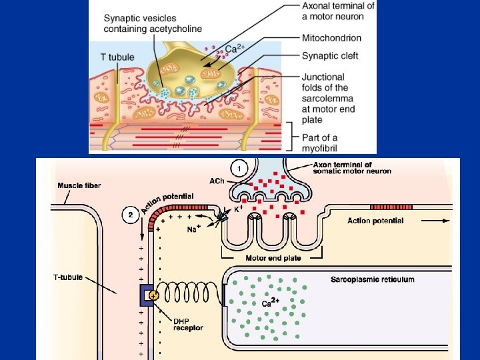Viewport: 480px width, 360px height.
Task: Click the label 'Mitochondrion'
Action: click(331, 38)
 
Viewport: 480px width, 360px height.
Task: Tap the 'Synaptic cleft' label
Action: click(330, 56)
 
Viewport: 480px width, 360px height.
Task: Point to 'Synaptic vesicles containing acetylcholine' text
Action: click(153, 24)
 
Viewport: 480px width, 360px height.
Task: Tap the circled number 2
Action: click(131, 215)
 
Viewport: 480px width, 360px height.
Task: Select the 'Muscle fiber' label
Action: click(79, 185)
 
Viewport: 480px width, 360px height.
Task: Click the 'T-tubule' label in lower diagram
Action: click(69, 275)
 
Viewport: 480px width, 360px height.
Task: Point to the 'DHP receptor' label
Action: click(188, 323)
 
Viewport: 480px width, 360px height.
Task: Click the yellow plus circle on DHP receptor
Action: click(154, 295)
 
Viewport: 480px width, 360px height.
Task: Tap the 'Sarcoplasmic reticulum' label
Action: click(372, 279)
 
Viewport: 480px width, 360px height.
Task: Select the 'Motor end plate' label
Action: click(273, 258)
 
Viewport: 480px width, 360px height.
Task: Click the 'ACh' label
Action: click(216, 181)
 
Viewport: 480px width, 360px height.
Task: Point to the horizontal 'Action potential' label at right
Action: click(375, 221)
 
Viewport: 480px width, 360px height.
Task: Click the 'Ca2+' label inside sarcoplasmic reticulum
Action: click(270, 303)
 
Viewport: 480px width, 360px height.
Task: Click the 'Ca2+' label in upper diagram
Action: click(233, 49)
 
